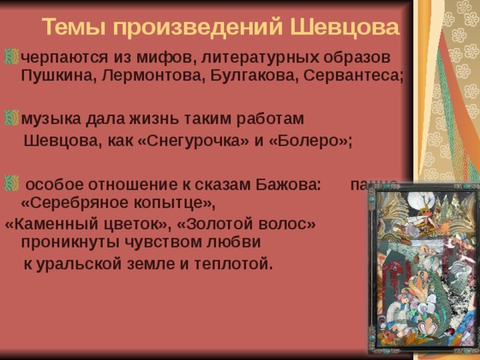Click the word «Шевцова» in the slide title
[343, 28]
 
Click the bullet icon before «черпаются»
[11, 57]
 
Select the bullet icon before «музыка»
[11, 118]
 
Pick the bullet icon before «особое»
[11, 182]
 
